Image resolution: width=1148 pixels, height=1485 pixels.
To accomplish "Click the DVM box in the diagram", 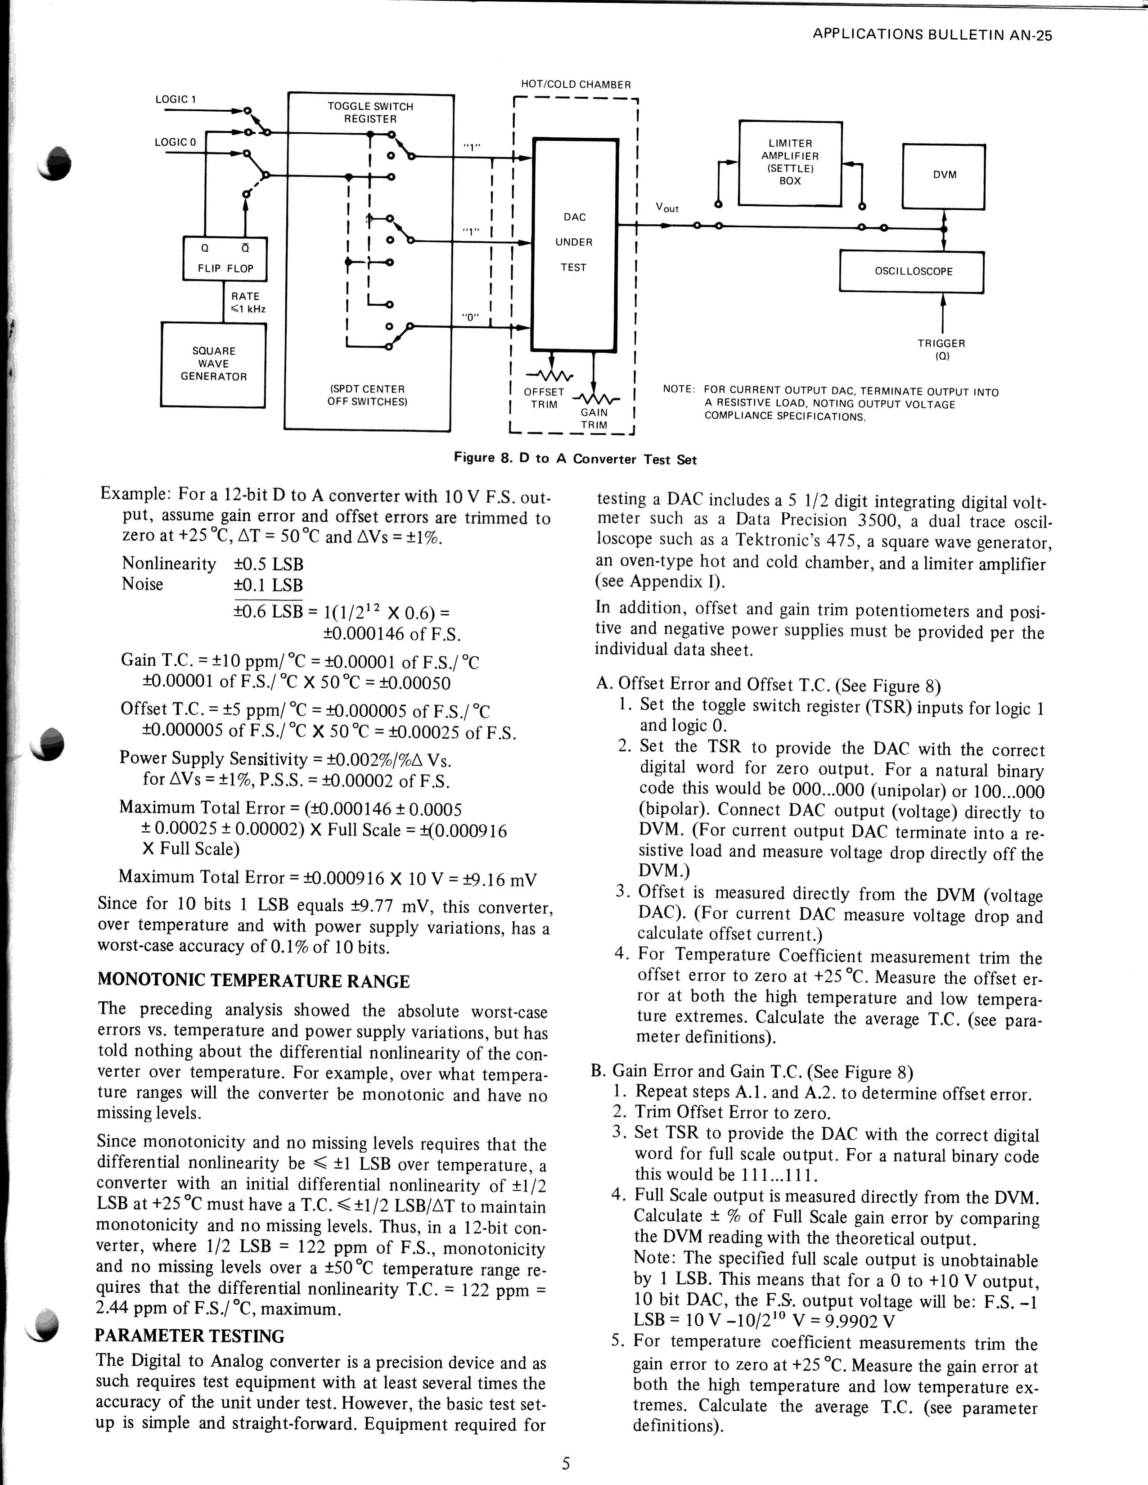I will click(x=943, y=176).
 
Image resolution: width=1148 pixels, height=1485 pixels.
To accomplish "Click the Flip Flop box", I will click(x=225, y=259).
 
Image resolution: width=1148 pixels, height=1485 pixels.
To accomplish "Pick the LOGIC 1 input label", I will click(x=176, y=99).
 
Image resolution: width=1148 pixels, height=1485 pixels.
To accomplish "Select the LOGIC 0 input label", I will click(x=176, y=142).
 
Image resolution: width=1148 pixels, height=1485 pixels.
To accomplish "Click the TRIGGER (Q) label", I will click(x=941, y=349).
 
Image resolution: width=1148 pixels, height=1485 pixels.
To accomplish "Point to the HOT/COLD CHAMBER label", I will click(x=576, y=84).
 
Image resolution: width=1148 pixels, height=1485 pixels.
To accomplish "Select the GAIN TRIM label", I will click(x=594, y=418).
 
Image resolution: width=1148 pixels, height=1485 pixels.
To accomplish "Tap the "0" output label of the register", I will click(x=470, y=317).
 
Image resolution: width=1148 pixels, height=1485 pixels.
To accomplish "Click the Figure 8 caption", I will click(x=575, y=459).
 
